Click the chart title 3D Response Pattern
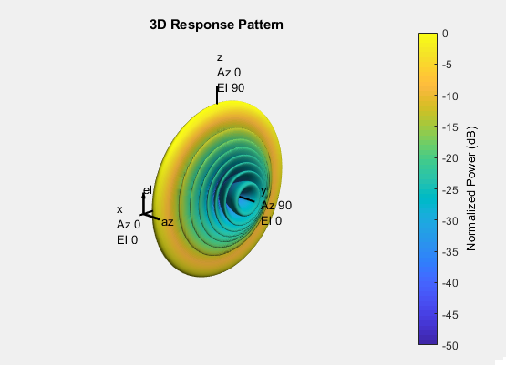coord(216,25)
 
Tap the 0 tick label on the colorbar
coord(445,34)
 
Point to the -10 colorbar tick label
coord(449,96)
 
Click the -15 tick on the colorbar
coord(449,127)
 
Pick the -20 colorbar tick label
coord(449,158)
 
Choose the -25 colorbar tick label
coord(449,189)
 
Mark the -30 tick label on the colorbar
coord(449,221)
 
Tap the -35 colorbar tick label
coord(449,252)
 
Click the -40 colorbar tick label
coord(449,283)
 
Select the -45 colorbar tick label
coord(449,314)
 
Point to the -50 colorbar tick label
coord(449,346)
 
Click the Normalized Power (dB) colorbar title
coord(471,188)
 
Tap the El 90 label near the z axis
coord(231,88)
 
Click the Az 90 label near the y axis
coord(276,206)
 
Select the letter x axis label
coord(119,209)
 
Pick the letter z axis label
coord(220,57)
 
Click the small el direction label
coord(148,190)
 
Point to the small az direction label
coord(167,222)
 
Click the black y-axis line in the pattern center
coord(246,198)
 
